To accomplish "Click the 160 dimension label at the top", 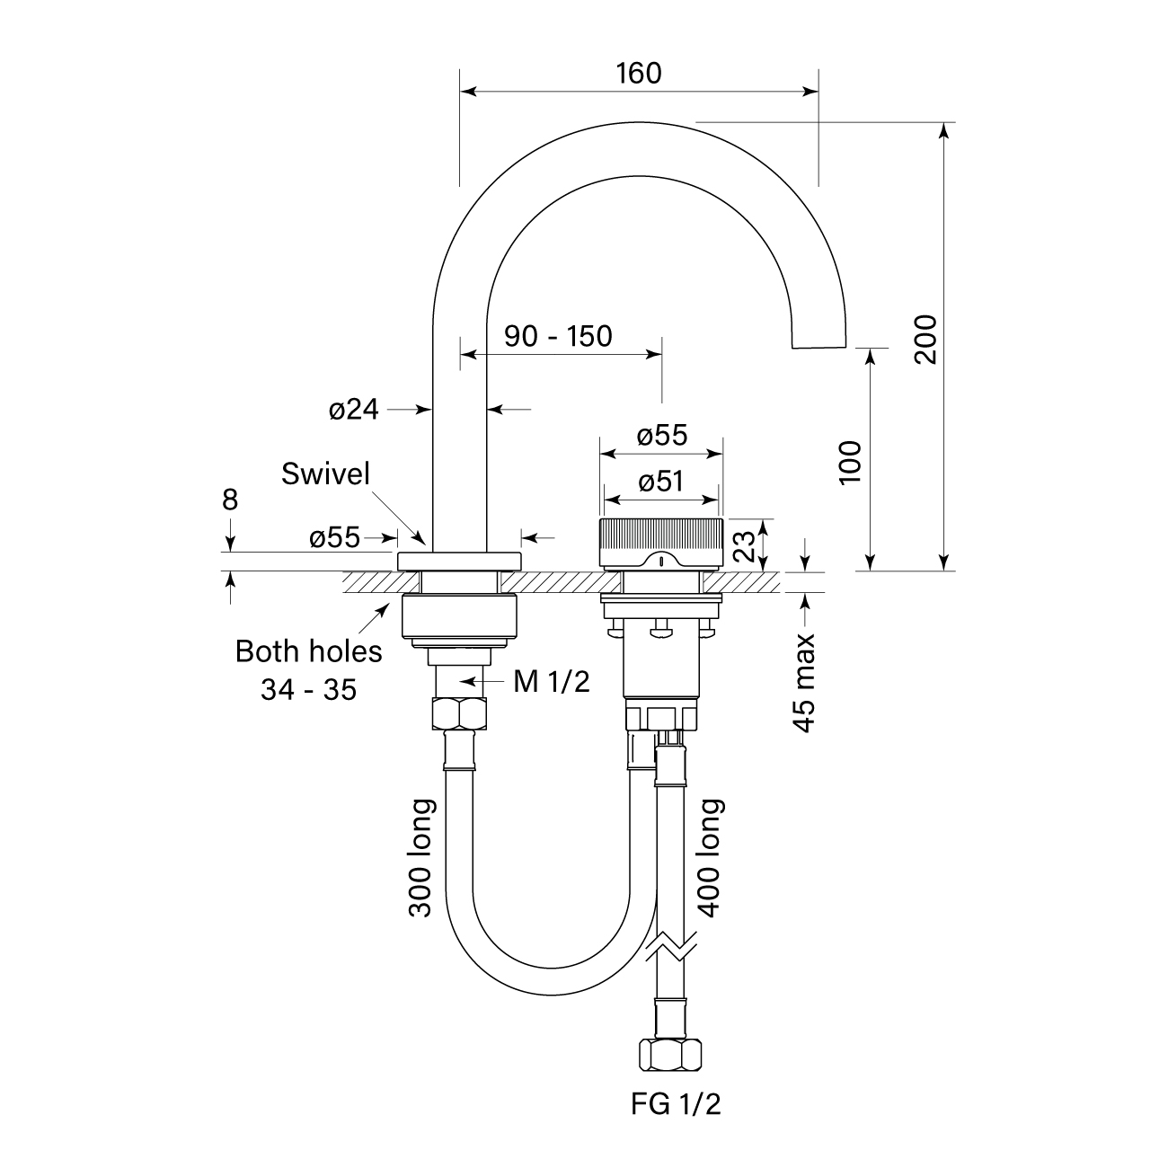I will pos(639,73).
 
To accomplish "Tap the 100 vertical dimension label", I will pos(850,462).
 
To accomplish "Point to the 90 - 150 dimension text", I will pos(557,336).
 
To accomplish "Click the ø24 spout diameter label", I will pos(353,410).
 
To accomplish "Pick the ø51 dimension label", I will pos(660,482).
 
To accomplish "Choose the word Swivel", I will pos(325,473).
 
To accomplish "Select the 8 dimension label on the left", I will pos(230,500).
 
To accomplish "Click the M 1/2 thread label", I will pos(552,682).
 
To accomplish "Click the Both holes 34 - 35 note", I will pos(308,669).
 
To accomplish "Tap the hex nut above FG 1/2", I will pos(668,1055).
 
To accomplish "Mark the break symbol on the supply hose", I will pos(669,945).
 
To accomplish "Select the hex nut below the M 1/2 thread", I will pos(460,713).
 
